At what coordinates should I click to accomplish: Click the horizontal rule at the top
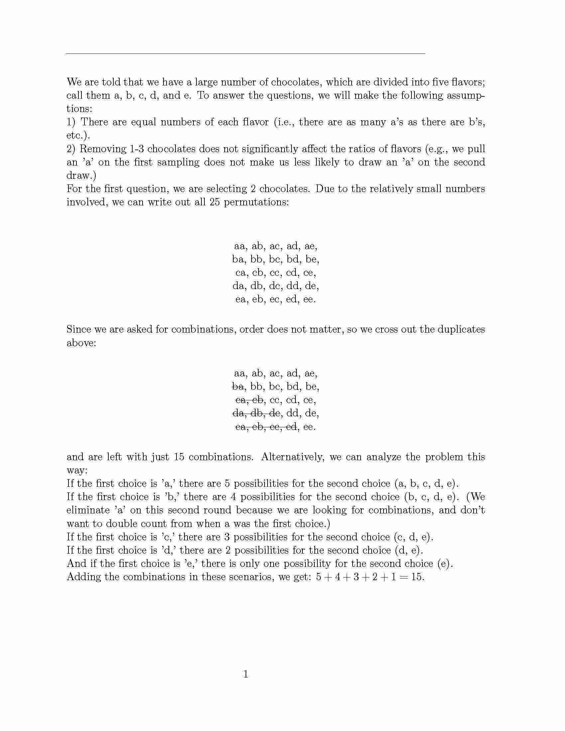245,53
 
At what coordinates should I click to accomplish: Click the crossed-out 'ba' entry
237,387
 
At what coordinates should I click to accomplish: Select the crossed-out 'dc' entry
274,413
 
